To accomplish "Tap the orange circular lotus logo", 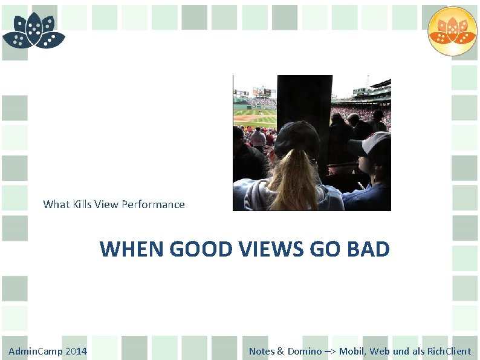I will tap(452, 31).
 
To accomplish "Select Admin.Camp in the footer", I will tap(33, 352).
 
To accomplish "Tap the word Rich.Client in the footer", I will tap(449, 352).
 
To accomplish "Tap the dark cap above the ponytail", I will tap(297, 137).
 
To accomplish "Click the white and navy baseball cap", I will tap(372, 145).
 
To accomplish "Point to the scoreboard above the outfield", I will tap(262, 92).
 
